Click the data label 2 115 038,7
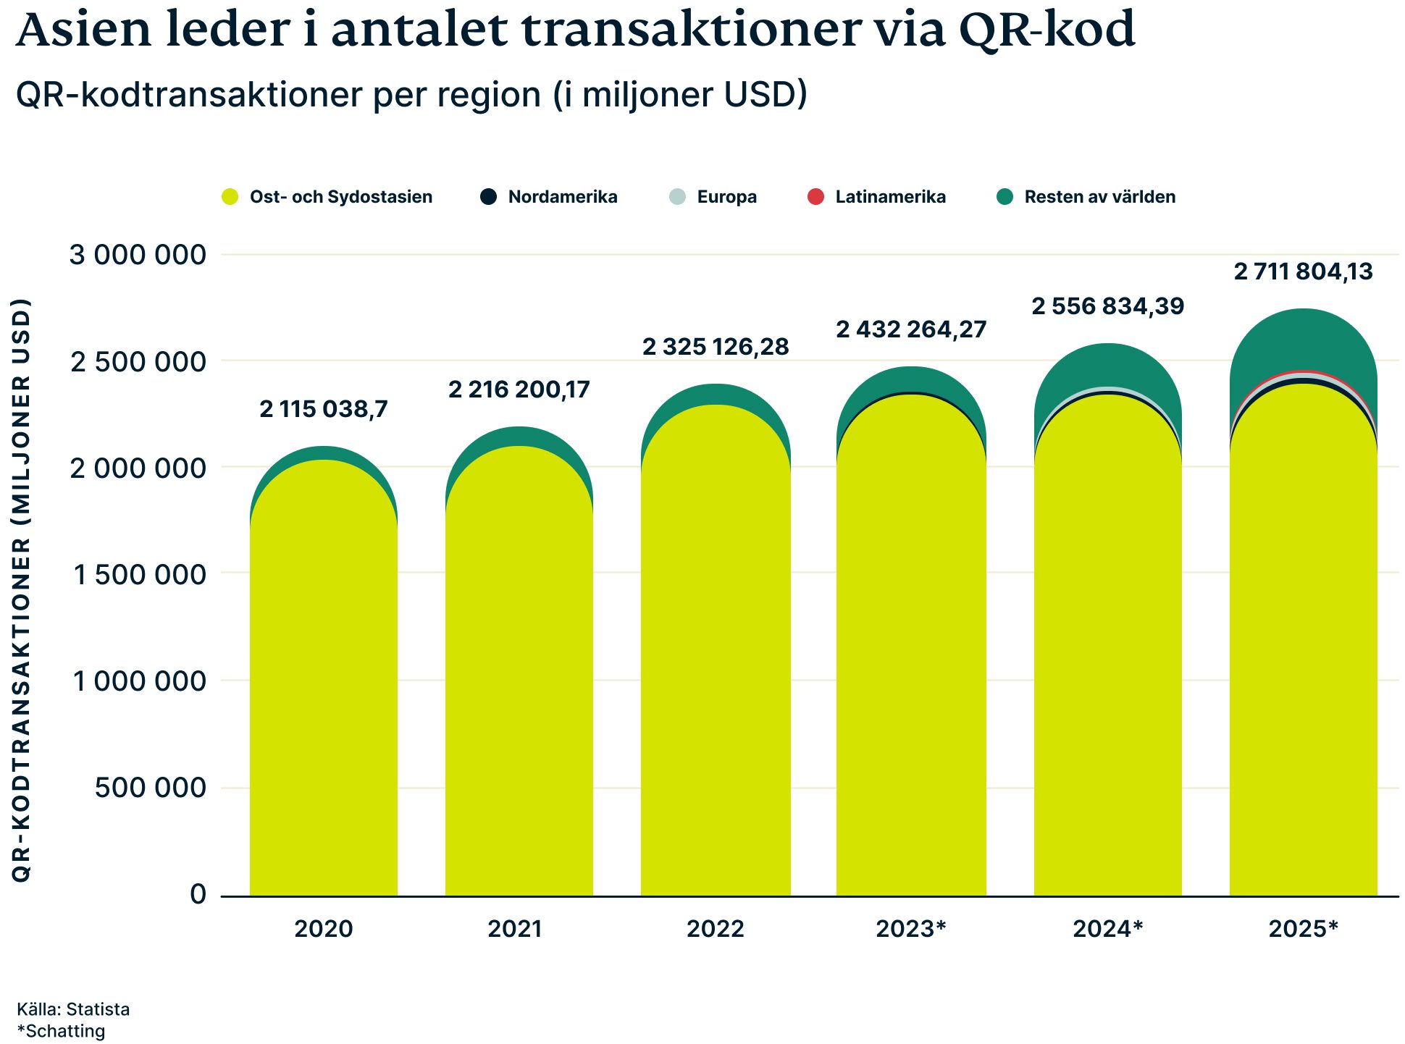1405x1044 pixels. click(x=324, y=409)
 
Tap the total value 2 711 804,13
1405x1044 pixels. click(x=1303, y=271)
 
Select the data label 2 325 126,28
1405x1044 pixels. click(x=716, y=347)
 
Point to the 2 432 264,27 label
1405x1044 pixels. click(x=911, y=329)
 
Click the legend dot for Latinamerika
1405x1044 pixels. click(x=815, y=196)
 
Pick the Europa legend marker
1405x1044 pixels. click(x=677, y=196)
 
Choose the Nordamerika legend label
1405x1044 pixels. click(x=563, y=197)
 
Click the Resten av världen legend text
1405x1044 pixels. click(x=1099, y=197)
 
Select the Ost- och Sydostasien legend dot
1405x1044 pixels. click(x=230, y=196)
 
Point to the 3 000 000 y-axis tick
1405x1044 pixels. click(x=138, y=255)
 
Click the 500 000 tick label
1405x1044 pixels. click(x=150, y=788)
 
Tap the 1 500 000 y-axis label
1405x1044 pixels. click(x=140, y=575)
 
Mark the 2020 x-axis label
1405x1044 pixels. click(x=323, y=928)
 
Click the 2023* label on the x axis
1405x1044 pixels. click(x=911, y=928)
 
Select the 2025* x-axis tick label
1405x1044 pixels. click(x=1303, y=928)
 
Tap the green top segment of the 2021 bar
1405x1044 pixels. click(x=519, y=436)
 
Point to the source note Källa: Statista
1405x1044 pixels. click(x=73, y=1009)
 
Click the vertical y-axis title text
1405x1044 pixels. click(x=22, y=590)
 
